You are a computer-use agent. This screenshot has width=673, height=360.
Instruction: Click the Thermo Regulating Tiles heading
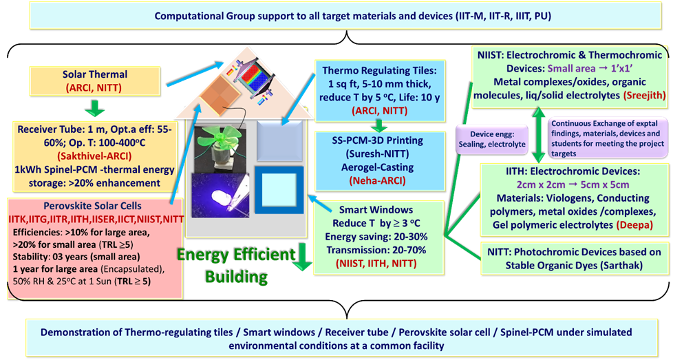(374, 71)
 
